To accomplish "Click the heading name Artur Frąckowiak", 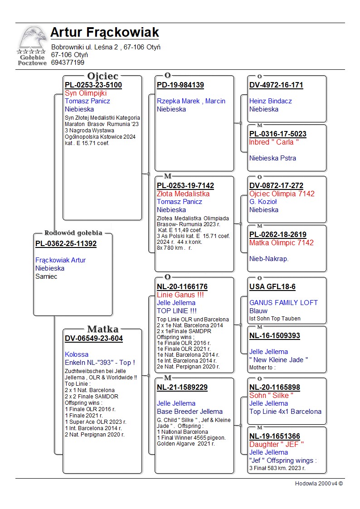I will click(105, 33).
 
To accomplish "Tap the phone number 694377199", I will click(68, 63).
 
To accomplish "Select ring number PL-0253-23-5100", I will click(93, 85).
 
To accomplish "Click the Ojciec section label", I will click(102, 76).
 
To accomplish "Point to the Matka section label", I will click(102, 330).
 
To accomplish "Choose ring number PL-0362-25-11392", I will click(66, 244).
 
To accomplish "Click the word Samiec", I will click(46, 276).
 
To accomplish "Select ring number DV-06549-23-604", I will click(94, 339).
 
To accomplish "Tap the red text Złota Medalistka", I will click(183, 194).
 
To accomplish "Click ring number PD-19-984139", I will click(180, 85).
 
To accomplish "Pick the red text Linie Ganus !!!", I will click(180, 295).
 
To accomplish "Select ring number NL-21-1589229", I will click(182, 388).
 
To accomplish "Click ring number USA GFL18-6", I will click(272, 287).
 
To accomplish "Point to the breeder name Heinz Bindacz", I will click(271, 101).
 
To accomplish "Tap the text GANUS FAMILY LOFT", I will click(283, 303).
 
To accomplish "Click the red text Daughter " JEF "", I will click(277, 445).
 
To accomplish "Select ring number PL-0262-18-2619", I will click(278, 235).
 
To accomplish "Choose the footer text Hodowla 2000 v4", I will click(319, 484).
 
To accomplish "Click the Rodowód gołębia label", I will click(73, 233).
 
